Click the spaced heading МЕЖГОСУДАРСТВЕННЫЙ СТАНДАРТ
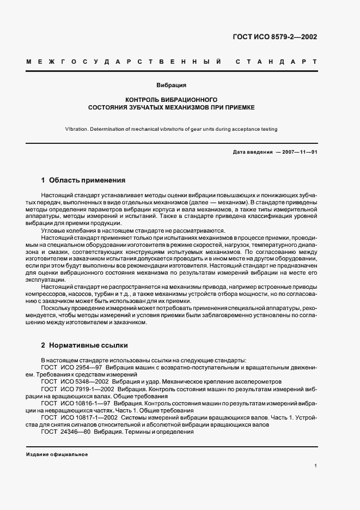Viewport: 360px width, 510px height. coord(172,62)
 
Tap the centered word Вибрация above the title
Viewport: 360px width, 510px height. coord(172,86)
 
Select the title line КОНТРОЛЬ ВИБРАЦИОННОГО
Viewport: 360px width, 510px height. coord(172,100)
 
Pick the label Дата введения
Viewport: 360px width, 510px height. coord(252,152)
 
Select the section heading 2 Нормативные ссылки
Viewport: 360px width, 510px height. coord(84,345)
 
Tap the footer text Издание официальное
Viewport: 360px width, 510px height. coord(57,454)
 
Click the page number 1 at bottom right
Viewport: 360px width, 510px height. coord(315,466)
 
